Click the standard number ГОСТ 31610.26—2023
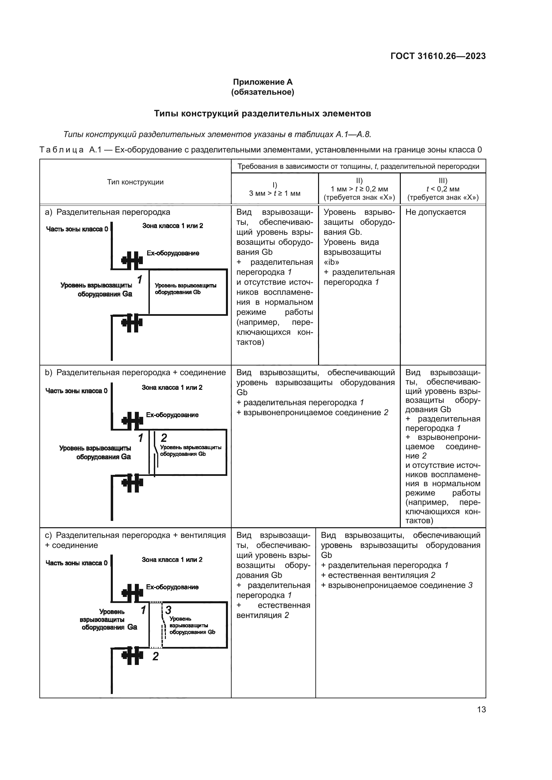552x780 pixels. tap(438, 56)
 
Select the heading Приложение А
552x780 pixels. tap(262, 82)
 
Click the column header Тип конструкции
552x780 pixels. tap(135, 182)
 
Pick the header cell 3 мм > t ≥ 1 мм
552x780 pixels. tap(275, 193)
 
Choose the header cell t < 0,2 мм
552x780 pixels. tap(443, 189)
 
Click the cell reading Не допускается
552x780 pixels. tap(436, 212)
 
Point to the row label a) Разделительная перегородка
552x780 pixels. tap(107, 212)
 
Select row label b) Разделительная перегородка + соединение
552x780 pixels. tap(135, 373)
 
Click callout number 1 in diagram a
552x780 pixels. tap(140, 279)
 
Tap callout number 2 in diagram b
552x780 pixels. tap(164, 438)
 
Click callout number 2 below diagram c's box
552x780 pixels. tap(155, 656)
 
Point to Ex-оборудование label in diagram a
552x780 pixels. tap(173, 253)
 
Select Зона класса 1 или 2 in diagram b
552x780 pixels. tap(172, 387)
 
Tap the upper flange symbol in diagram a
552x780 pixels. tap(132, 260)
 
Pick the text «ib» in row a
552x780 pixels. tap(331, 262)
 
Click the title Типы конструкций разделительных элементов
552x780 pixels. tap(262, 113)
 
